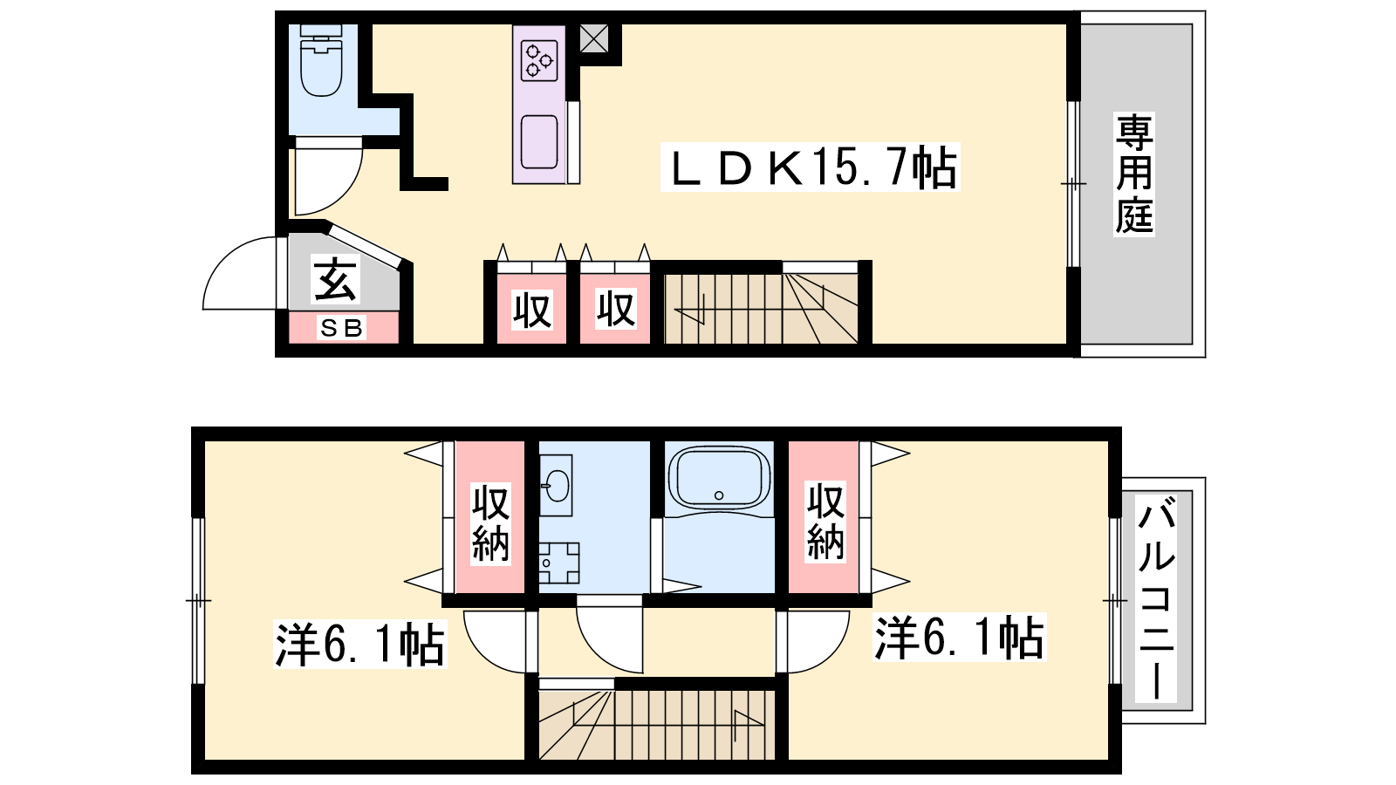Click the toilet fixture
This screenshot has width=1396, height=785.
(x=321, y=60)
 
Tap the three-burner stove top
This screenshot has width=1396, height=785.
(x=539, y=60)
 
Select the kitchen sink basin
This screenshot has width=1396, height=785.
(x=539, y=142)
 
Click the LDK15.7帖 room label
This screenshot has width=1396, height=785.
(x=811, y=167)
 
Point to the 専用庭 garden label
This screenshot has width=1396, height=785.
(x=1134, y=174)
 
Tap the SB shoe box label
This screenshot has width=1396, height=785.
(x=341, y=328)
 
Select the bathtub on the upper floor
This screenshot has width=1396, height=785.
(x=719, y=477)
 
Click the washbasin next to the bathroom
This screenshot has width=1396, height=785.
(x=555, y=485)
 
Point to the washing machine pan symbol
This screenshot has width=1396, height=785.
(x=559, y=563)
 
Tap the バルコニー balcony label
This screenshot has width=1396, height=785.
(x=1157, y=597)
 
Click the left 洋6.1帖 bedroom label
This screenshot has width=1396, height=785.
(x=360, y=645)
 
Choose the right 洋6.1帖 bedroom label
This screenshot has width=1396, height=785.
(x=959, y=638)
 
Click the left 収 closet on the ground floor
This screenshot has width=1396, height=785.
(x=531, y=309)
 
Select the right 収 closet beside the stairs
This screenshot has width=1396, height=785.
(x=615, y=309)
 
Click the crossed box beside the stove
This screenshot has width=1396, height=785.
(x=594, y=38)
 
